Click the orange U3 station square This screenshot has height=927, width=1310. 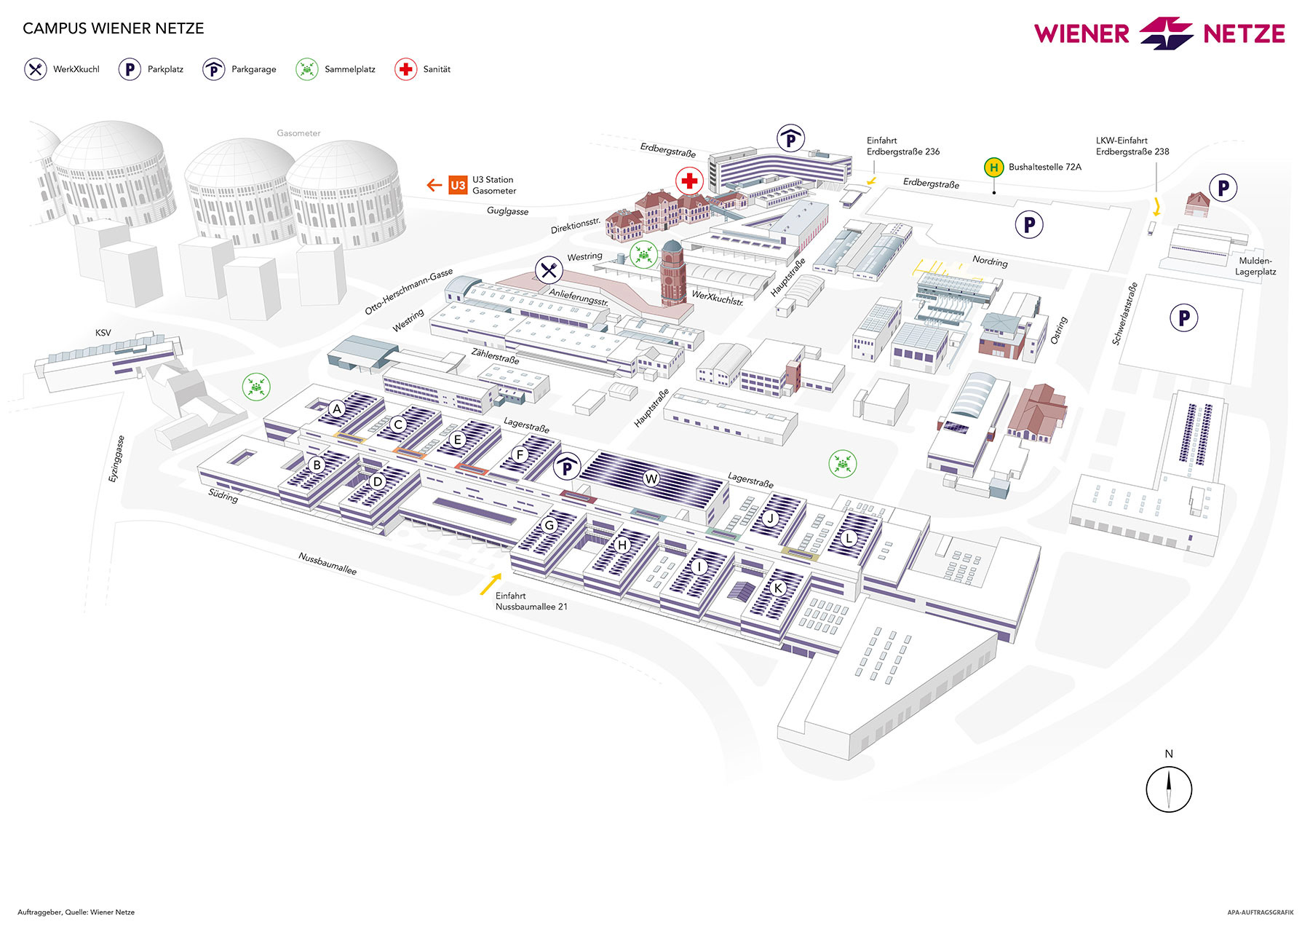click(x=457, y=185)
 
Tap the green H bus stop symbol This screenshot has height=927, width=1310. click(x=993, y=167)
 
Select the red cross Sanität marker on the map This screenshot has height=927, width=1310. click(x=688, y=181)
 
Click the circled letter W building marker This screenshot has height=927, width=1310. click(x=651, y=478)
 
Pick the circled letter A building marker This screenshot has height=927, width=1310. click(x=336, y=409)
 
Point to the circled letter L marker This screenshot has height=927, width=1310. click(x=849, y=539)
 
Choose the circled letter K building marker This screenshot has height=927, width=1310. click(x=778, y=588)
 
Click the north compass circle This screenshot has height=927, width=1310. click(x=1168, y=789)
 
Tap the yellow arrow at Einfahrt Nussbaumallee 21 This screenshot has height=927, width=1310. click(x=491, y=584)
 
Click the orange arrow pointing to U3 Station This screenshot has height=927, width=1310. click(x=434, y=185)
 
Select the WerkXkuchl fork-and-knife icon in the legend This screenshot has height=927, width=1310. click(x=36, y=69)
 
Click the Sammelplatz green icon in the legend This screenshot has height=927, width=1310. click(x=307, y=69)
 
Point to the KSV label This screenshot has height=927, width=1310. click(x=103, y=333)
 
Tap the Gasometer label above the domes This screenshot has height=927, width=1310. click(x=298, y=133)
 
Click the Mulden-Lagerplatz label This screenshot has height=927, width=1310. click(x=1255, y=267)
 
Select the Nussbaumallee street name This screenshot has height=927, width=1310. click(x=327, y=563)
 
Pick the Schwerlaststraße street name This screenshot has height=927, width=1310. click(x=1124, y=314)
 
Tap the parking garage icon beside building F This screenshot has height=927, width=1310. click(x=566, y=466)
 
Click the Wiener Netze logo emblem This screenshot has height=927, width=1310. click(x=1166, y=33)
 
